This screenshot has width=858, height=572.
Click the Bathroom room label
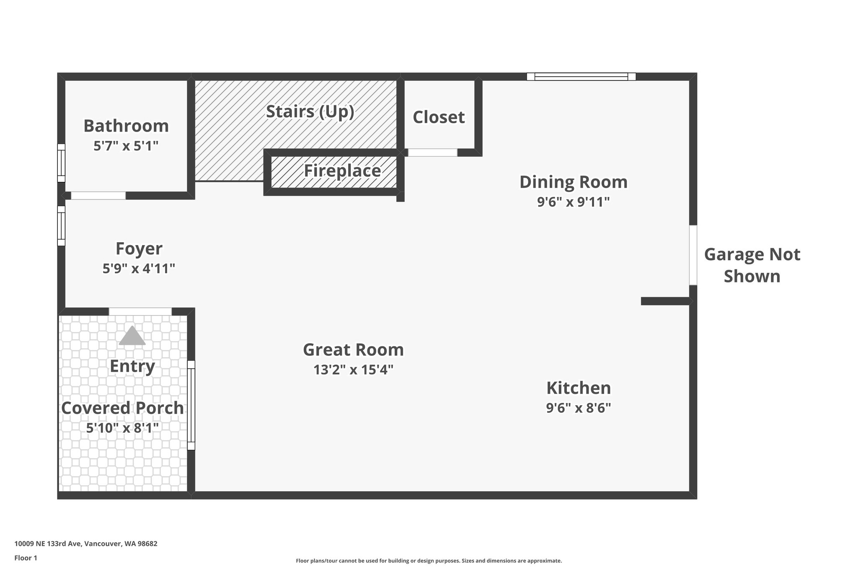126,126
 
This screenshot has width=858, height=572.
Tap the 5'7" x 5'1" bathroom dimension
126,146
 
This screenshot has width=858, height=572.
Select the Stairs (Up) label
310,111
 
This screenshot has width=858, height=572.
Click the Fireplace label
342,171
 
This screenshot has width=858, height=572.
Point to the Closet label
438,117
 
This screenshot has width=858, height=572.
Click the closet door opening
432,153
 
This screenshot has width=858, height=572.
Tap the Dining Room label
573,182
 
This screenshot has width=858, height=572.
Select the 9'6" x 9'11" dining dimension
573,202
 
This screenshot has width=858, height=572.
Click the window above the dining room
581,77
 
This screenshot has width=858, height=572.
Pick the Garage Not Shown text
752,265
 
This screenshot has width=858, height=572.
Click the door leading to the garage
693,255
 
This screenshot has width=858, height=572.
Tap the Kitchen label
578,388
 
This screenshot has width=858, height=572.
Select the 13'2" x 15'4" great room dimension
353,370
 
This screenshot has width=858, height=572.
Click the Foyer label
139,248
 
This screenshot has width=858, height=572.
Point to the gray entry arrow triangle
132,336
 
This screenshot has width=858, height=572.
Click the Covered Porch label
122,408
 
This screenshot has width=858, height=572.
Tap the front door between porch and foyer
140,311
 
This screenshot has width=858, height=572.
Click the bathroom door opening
98,195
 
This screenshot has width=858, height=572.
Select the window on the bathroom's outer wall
61,163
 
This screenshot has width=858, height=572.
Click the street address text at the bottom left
86,544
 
